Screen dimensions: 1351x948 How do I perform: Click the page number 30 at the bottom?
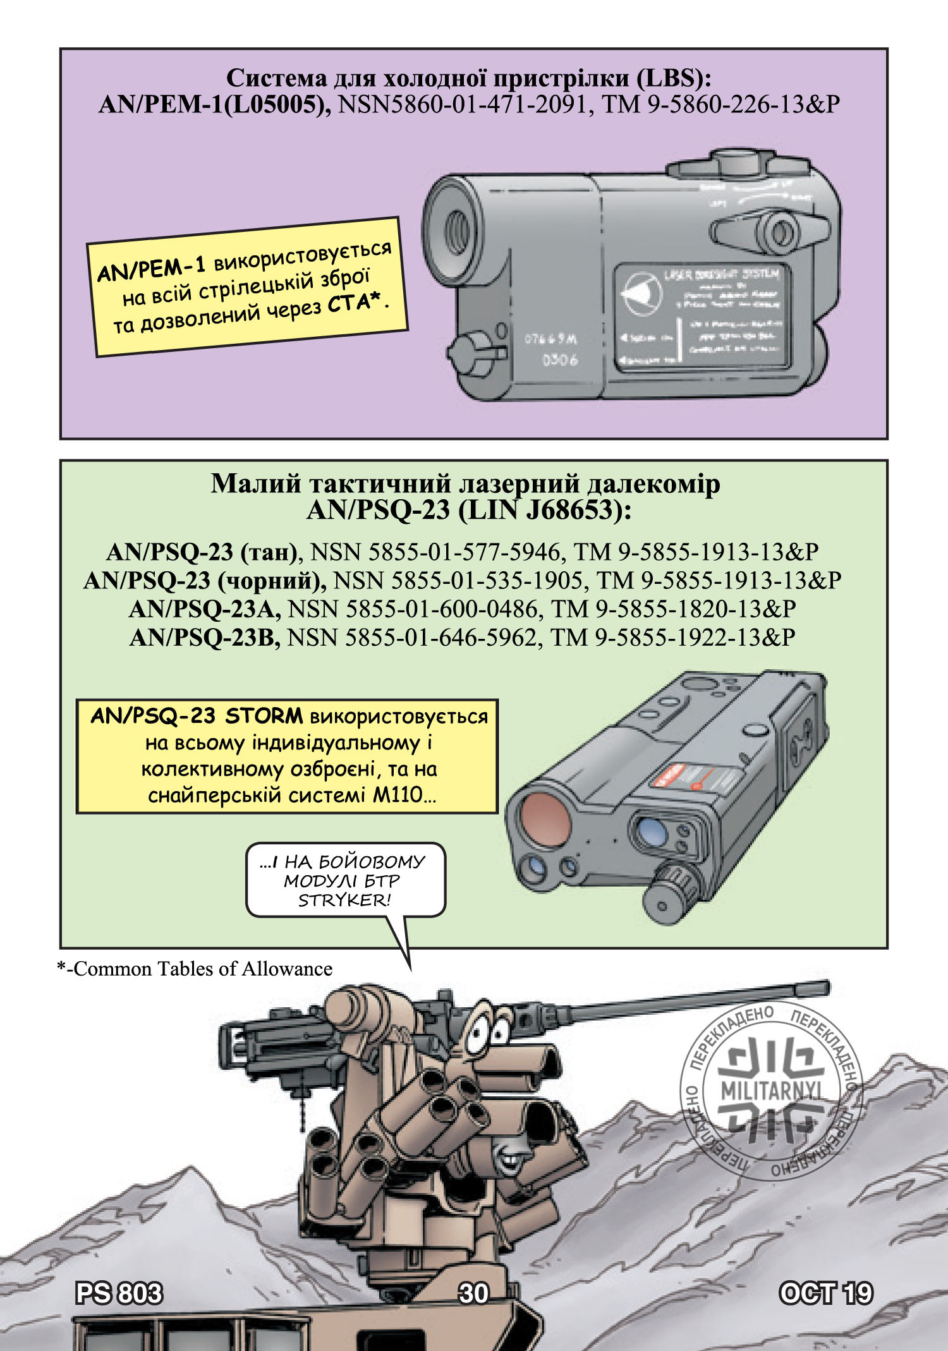(x=473, y=1293)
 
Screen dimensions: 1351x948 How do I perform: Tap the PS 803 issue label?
(x=119, y=1293)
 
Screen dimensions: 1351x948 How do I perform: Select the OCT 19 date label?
(x=825, y=1293)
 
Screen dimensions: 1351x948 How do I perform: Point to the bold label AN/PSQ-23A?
(x=205, y=609)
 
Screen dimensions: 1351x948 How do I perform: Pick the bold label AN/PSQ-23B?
(x=205, y=638)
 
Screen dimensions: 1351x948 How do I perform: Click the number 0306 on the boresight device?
(x=559, y=361)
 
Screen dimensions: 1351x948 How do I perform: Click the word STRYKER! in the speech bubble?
(x=344, y=900)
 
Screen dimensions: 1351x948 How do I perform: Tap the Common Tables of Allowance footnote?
(x=195, y=969)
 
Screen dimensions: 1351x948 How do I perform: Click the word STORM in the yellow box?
(x=264, y=716)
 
